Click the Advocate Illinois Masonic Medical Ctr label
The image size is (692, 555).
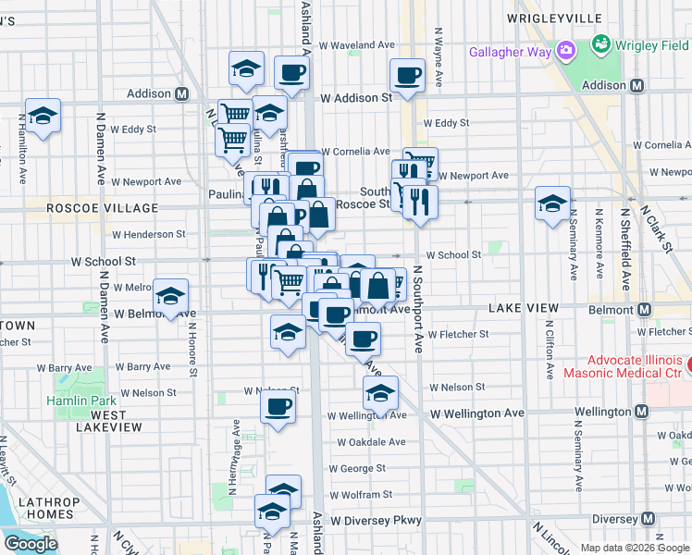click(622, 366)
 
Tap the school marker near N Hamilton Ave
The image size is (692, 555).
click(43, 117)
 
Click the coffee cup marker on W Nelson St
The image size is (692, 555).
click(278, 406)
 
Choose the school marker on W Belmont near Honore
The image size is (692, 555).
click(170, 297)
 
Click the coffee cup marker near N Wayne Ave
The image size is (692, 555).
click(407, 75)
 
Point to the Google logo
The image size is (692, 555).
click(31, 544)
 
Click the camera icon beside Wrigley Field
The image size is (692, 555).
click(600, 43)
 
